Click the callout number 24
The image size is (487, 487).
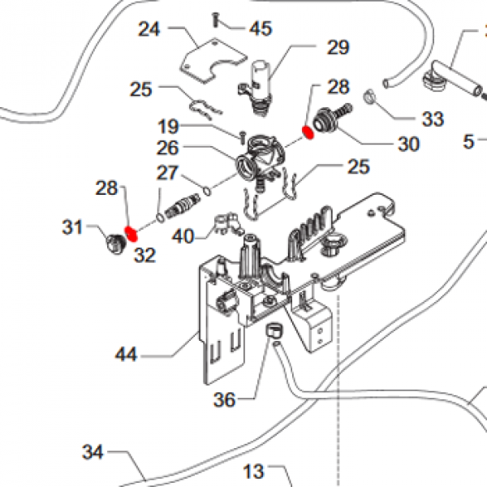coord(149,29)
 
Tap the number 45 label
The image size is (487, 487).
coord(261,28)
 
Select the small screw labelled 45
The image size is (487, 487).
coord(215,19)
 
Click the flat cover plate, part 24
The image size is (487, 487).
coord(213,61)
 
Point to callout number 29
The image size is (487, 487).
coord(338,48)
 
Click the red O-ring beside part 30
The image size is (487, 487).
coord(308,132)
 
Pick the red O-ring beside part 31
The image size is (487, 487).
coord(131,234)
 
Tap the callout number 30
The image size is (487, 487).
coord(408,144)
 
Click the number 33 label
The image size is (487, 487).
coord(433,119)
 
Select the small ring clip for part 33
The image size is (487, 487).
coord(369,97)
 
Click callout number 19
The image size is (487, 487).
coord(168,127)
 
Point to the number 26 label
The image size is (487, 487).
coord(168,148)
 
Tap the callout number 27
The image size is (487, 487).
coord(167,173)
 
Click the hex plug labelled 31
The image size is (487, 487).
coord(115,243)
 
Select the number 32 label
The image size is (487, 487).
coord(144,256)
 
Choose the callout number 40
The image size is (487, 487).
coord(183,236)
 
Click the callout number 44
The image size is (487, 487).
coord(126,355)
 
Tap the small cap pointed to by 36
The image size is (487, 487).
coord(274,330)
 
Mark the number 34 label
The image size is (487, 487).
coord(93,452)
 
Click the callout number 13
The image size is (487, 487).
coord(254,472)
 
